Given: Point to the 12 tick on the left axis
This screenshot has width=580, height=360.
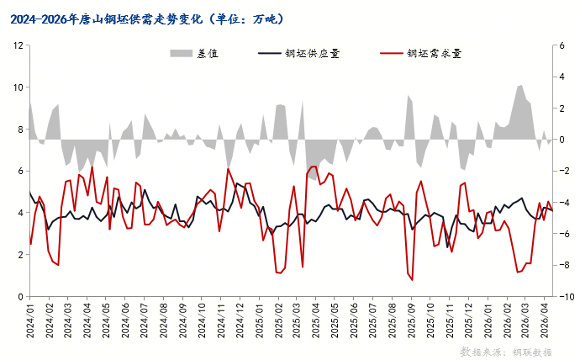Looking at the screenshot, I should pos(16,45).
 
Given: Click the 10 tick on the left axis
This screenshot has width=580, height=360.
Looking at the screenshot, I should pos(16,87).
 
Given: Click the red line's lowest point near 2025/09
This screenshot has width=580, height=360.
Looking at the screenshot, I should pos(412,279).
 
